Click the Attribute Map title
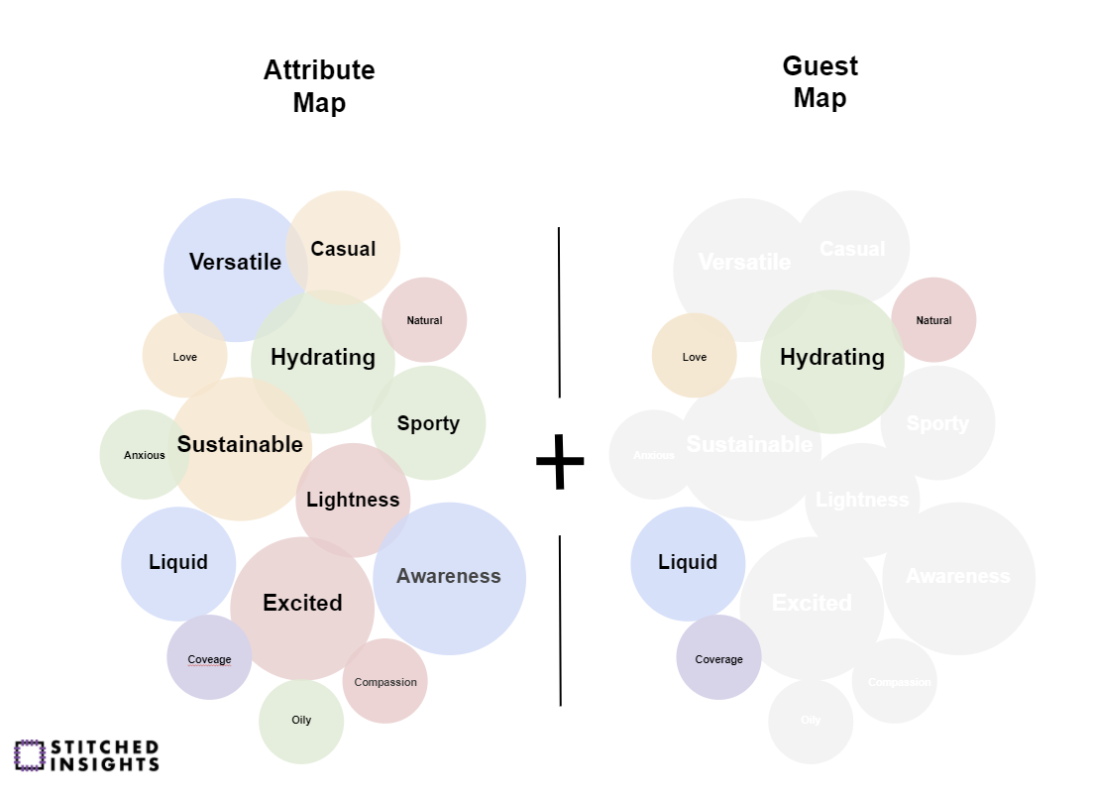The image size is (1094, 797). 319,86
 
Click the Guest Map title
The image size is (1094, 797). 820,82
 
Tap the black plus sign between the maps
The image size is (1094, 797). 560,460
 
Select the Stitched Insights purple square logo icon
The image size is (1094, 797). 30,755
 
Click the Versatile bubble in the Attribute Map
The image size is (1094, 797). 235,263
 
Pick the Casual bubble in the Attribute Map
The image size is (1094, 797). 343,249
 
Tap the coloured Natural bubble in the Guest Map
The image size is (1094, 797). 933,320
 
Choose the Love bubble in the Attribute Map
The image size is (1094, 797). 185,357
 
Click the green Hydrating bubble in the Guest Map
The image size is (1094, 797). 832,358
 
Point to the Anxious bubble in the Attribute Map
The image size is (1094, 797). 145,456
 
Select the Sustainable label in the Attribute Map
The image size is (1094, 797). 240,445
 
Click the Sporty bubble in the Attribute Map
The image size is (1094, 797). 428,424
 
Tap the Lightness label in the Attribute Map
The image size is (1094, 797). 353,500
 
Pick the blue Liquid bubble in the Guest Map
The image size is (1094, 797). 688,563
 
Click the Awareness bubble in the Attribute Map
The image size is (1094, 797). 449,577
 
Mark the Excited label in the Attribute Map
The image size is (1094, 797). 302,603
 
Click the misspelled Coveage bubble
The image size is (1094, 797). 209,659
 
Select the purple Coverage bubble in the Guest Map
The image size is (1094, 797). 718,659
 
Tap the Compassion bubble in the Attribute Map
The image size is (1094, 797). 385,682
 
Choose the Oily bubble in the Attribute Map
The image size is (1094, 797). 301,721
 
